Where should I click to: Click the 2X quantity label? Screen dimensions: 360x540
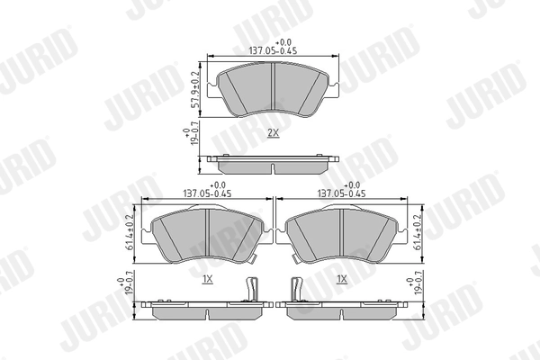(x=273, y=132)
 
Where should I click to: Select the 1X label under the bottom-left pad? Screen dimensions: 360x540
(x=207, y=280)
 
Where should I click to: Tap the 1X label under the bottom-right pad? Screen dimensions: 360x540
(x=341, y=280)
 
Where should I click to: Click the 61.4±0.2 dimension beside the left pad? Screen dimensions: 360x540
(x=131, y=232)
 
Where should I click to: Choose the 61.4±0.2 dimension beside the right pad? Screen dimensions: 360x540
(x=418, y=232)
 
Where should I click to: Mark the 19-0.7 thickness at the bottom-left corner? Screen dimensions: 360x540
(x=126, y=286)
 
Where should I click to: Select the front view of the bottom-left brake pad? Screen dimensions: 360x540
(x=206, y=234)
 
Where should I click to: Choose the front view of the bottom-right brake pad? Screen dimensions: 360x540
(x=341, y=234)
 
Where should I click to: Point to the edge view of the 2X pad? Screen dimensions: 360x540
(x=273, y=165)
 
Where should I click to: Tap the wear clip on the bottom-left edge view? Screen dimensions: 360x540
(x=253, y=291)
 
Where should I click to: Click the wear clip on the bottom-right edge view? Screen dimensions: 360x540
(x=296, y=291)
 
